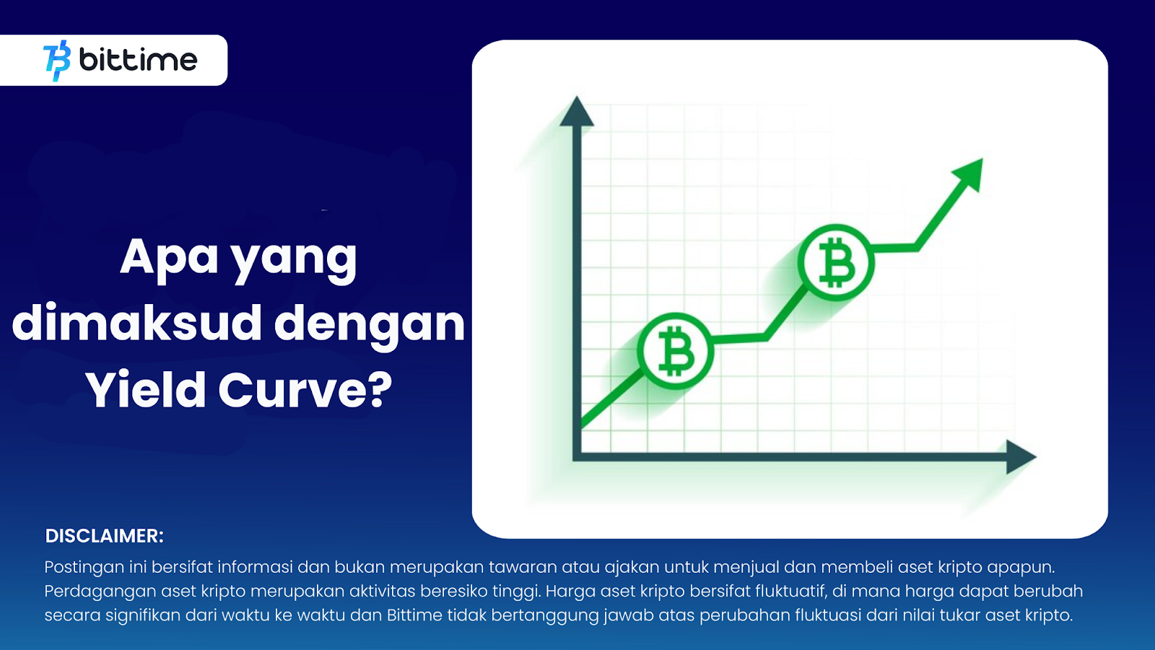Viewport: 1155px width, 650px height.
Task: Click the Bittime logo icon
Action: [57, 61]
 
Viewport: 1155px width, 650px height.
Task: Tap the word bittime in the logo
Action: [138, 59]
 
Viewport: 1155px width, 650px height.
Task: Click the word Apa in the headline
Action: [169, 256]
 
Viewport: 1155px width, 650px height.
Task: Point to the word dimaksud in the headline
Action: [136, 323]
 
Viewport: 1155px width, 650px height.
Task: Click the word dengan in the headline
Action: [369, 326]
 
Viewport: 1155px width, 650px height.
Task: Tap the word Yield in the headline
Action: [145, 389]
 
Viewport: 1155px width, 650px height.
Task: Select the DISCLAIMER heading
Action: [104, 536]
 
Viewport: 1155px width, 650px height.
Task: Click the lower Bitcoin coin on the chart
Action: [676, 351]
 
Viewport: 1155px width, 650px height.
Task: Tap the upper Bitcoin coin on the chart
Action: [836, 262]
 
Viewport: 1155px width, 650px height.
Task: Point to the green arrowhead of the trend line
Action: [969, 173]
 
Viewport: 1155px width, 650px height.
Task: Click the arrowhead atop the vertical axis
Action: [577, 111]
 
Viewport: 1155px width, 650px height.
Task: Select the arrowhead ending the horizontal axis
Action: [1020, 457]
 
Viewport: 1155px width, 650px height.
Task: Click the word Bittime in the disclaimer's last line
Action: [414, 615]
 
